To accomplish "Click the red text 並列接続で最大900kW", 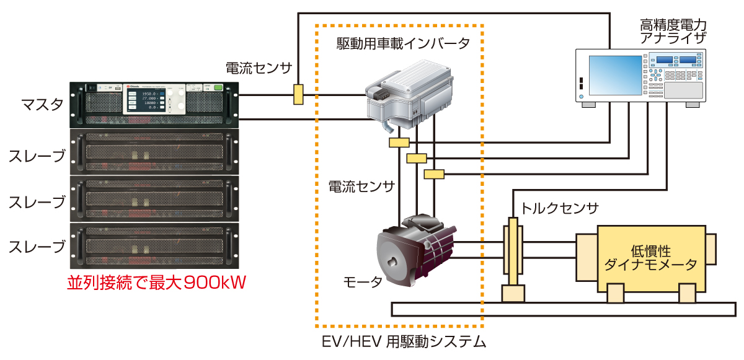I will [x=157, y=283].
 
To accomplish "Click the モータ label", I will [x=363, y=283].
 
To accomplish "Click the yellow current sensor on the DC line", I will [x=298, y=94].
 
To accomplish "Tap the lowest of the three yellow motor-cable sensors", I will [x=435, y=174].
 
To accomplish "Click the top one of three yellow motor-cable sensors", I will [x=399, y=143].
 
